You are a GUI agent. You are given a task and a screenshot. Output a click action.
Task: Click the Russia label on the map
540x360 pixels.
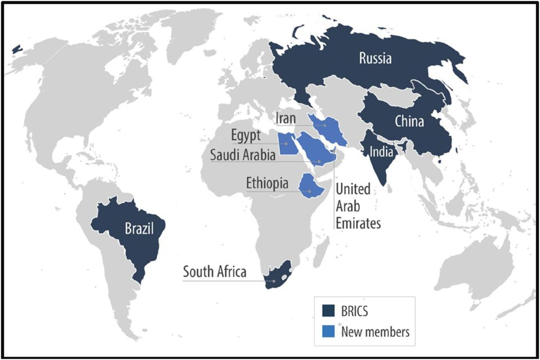point(376,58)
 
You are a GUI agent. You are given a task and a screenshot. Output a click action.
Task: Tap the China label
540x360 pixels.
point(409,122)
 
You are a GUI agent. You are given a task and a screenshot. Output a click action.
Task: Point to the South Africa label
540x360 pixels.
point(214,272)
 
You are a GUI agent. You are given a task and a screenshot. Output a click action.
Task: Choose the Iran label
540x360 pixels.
point(285,118)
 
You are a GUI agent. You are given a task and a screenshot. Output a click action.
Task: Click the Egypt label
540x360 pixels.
point(246,137)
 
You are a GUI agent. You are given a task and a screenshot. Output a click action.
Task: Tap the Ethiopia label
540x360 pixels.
point(267,183)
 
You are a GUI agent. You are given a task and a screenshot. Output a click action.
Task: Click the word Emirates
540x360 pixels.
point(358,223)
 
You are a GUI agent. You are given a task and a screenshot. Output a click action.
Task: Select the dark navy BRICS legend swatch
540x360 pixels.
point(329,311)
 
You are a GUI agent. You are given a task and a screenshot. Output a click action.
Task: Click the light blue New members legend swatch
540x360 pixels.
point(329,331)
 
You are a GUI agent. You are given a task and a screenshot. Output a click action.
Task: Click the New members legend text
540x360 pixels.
point(375,331)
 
